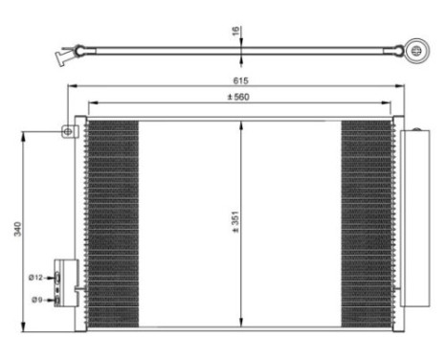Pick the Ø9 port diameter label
[x=37, y=299]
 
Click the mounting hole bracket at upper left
[x=70, y=131]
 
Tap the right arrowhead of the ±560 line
[x=391, y=104]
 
